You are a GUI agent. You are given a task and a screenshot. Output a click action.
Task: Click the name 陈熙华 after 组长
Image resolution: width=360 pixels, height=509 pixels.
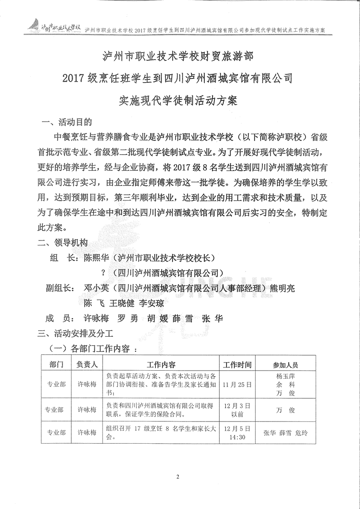(x=97, y=258)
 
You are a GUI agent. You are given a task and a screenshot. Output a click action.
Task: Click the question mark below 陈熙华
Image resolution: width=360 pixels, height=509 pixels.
(x=104, y=273)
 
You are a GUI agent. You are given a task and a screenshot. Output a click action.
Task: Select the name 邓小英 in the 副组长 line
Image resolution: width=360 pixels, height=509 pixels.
(x=97, y=288)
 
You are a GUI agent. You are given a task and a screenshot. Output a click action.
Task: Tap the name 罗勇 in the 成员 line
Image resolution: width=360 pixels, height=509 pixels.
(x=127, y=318)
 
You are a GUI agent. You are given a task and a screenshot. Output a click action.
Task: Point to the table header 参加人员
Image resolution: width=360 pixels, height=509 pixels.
(x=285, y=364)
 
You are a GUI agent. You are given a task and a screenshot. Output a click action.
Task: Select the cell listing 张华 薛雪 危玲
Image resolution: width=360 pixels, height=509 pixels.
(x=285, y=433)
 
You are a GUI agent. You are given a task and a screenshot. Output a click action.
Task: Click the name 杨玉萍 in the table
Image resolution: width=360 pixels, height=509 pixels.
(x=286, y=376)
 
